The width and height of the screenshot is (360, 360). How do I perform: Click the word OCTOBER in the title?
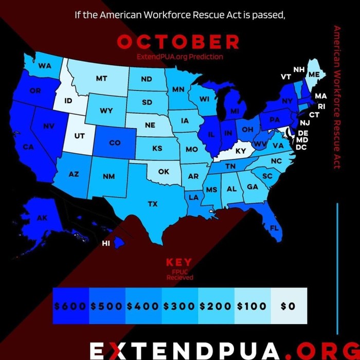tap(178, 42)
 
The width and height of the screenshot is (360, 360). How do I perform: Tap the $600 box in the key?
tap(70, 306)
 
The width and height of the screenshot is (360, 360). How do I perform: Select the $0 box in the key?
tap(289, 306)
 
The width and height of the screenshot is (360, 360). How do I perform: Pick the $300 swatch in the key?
tap(179, 306)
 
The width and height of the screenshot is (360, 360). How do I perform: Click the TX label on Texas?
tap(153, 204)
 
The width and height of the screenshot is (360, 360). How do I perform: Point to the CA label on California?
tap(28, 147)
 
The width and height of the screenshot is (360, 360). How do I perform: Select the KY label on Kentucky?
tap(241, 152)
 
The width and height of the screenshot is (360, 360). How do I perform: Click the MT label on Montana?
tap(101, 79)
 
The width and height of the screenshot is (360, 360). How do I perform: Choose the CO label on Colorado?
tap(115, 142)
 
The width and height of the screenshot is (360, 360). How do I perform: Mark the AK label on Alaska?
tap(42, 218)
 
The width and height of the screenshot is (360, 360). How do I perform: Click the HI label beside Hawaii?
tap(106, 243)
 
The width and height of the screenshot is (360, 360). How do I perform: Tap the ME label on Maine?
tap(314, 75)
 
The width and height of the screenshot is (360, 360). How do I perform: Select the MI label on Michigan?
tap(235, 111)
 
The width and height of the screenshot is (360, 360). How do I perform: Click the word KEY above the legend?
tap(179, 262)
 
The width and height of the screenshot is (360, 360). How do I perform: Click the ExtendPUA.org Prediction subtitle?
tap(179, 57)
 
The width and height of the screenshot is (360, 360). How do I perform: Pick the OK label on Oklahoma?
tap(163, 171)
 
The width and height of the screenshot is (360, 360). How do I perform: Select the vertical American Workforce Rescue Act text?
tap(337, 98)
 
